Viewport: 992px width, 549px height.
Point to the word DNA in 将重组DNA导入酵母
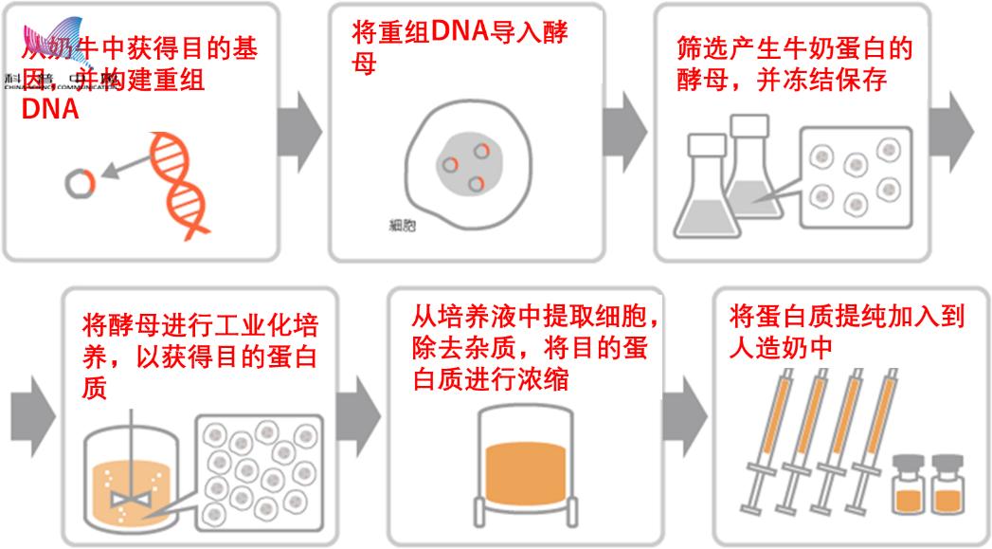459,31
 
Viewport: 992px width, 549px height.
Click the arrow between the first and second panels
302,122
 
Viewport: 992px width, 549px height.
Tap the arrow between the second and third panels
624,122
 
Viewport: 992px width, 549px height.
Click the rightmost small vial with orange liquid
947,485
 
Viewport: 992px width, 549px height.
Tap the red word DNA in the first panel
49,109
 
